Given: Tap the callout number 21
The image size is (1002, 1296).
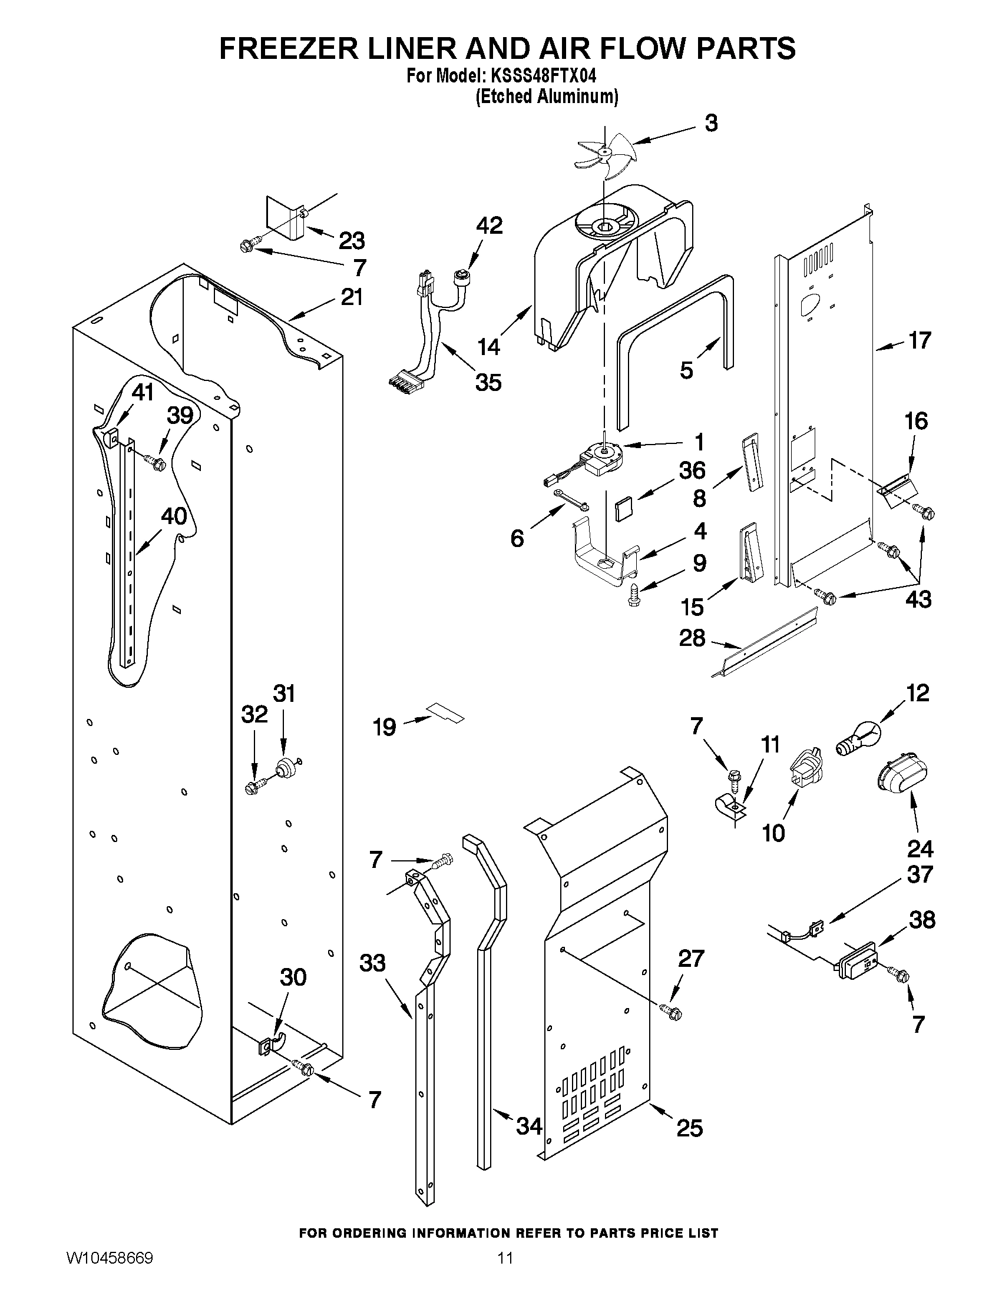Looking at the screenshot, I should pos(352,297).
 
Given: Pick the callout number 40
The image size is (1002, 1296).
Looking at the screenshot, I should pos(174,516).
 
